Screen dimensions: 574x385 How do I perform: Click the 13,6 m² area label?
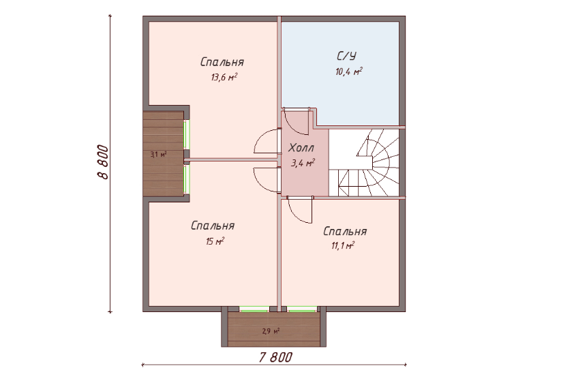coord(224,77)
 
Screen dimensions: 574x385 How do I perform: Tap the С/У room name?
coord(346,56)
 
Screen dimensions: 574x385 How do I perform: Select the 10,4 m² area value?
coord(349,71)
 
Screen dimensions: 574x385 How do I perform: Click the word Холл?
coord(301,148)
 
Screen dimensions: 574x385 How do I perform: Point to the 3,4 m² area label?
coord(303,163)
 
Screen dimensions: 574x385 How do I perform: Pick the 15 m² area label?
coord(215,241)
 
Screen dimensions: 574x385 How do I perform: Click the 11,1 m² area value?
coord(343,245)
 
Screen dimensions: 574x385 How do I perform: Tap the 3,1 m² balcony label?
coord(159,155)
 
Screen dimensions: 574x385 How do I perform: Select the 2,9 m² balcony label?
coord(271,332)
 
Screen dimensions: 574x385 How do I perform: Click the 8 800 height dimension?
coord(103,162)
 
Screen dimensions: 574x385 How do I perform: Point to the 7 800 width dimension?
coord(275,357)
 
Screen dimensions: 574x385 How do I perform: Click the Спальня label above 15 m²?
coord(213,226)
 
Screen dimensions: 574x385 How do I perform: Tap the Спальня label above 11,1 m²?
coord(345,231)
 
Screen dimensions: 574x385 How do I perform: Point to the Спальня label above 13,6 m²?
coord(222,62)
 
